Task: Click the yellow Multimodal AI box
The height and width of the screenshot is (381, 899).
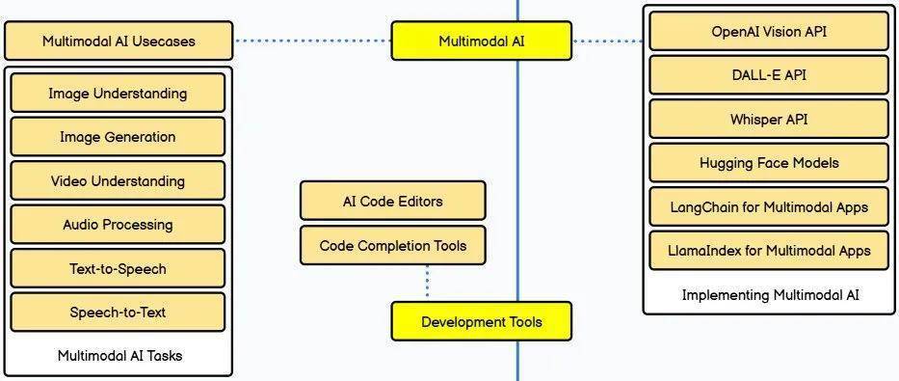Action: pos(481,41)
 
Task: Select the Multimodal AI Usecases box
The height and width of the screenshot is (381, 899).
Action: pos(119,41)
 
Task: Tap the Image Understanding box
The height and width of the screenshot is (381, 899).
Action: pos(118,94)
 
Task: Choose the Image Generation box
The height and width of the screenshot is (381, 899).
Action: pos(118,137)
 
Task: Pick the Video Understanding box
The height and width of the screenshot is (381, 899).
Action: pos(118,180)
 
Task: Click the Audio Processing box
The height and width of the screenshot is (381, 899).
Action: pos(118,225)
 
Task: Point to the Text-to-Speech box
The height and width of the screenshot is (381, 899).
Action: pos(118,268)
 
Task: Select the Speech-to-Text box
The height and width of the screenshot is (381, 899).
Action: pos(118,313)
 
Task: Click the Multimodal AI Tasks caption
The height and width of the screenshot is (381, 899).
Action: pos(119,356)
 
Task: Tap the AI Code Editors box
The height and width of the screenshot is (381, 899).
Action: pos(392,202)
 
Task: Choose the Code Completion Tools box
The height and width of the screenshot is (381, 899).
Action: pos(392,246)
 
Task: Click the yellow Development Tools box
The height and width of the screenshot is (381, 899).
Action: pos(481,321)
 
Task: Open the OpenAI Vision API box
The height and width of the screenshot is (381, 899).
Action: pos(768,32)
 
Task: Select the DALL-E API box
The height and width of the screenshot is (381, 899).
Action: pos(768,75)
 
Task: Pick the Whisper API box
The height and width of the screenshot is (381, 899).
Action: pos(768,120)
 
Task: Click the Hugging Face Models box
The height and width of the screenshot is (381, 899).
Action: pos(768,163)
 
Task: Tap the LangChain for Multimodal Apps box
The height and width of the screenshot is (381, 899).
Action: pos(768,206)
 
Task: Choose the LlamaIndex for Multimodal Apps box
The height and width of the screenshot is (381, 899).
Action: pos(768,251)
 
